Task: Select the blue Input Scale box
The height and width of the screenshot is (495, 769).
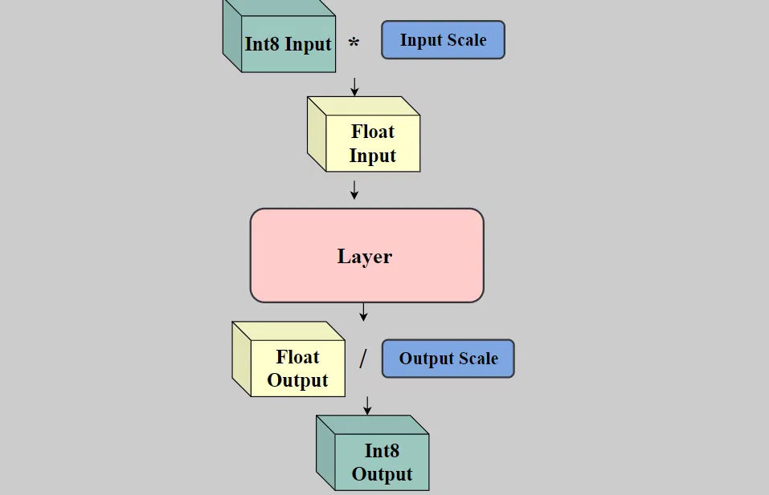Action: [x=443, y=40]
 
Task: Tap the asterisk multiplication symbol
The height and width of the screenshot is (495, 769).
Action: [x=354, y=43]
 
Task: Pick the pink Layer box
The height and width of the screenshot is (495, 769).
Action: [x=366, y=256]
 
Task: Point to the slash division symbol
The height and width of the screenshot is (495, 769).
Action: [x=362, y=359]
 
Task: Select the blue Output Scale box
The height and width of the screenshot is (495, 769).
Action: [x=448, y=359]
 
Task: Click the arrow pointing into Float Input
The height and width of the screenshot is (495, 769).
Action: [x=354, y=87]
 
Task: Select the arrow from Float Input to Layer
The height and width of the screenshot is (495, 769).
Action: [x=354, y=190]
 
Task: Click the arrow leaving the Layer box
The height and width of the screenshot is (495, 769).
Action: [x=364, y=311]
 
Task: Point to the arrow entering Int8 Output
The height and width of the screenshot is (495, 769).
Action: [x=367, y=405]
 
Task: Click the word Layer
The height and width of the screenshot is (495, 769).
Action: [x=365, y=257]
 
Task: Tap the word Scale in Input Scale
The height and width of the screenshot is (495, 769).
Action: [x=467, y=40]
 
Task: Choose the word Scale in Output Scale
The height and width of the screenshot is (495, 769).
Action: [x=477, y=359]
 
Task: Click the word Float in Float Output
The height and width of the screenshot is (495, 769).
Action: [x=297, y=357]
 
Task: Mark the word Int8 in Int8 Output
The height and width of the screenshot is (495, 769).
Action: [x=382, y=450]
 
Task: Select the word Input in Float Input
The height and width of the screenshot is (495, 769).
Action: [x=372, y=156]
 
